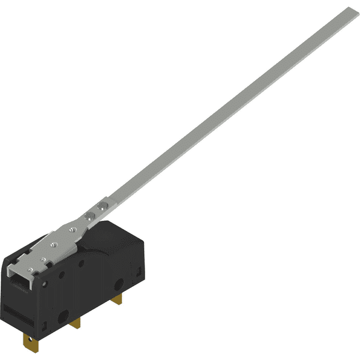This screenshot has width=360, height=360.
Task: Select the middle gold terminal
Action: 75,323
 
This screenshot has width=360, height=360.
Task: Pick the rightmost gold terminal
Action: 118,298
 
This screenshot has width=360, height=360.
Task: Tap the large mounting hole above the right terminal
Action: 119,283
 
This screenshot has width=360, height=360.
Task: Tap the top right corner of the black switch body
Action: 142,237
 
